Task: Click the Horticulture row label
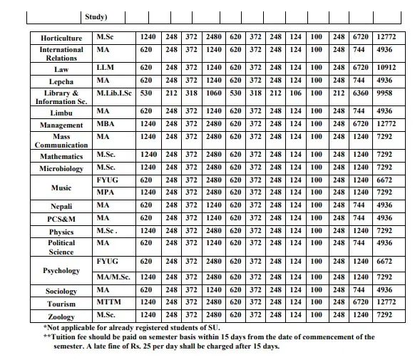pyautogui.click(x=61, y=36)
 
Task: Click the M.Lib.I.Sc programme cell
pyautogui.click(x=115, y=93)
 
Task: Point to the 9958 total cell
pyautogui.click(x=384, y=93)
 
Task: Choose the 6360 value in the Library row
pyautogui.click(x=360, y=93)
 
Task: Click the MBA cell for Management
pyautogui.click(x=106, y=125)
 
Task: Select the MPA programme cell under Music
pyautogui.click(x=106, y=192)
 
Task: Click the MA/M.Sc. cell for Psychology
pyautogui.click(x=115, y=277)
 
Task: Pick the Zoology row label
pyautogui.click(x=61, y=317)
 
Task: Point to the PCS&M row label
pyautogui.click(x=61, y=218)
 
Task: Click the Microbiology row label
pyautogui.click(x=61, y=169)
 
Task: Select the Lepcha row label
pyautogui.click(x=61, y=82)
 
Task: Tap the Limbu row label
pyautogui.click(x=61, y=113)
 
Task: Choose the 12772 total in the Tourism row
pyautogui.click(x=384, y=303)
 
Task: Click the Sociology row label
pyautogui.click(x=61, y=291)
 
